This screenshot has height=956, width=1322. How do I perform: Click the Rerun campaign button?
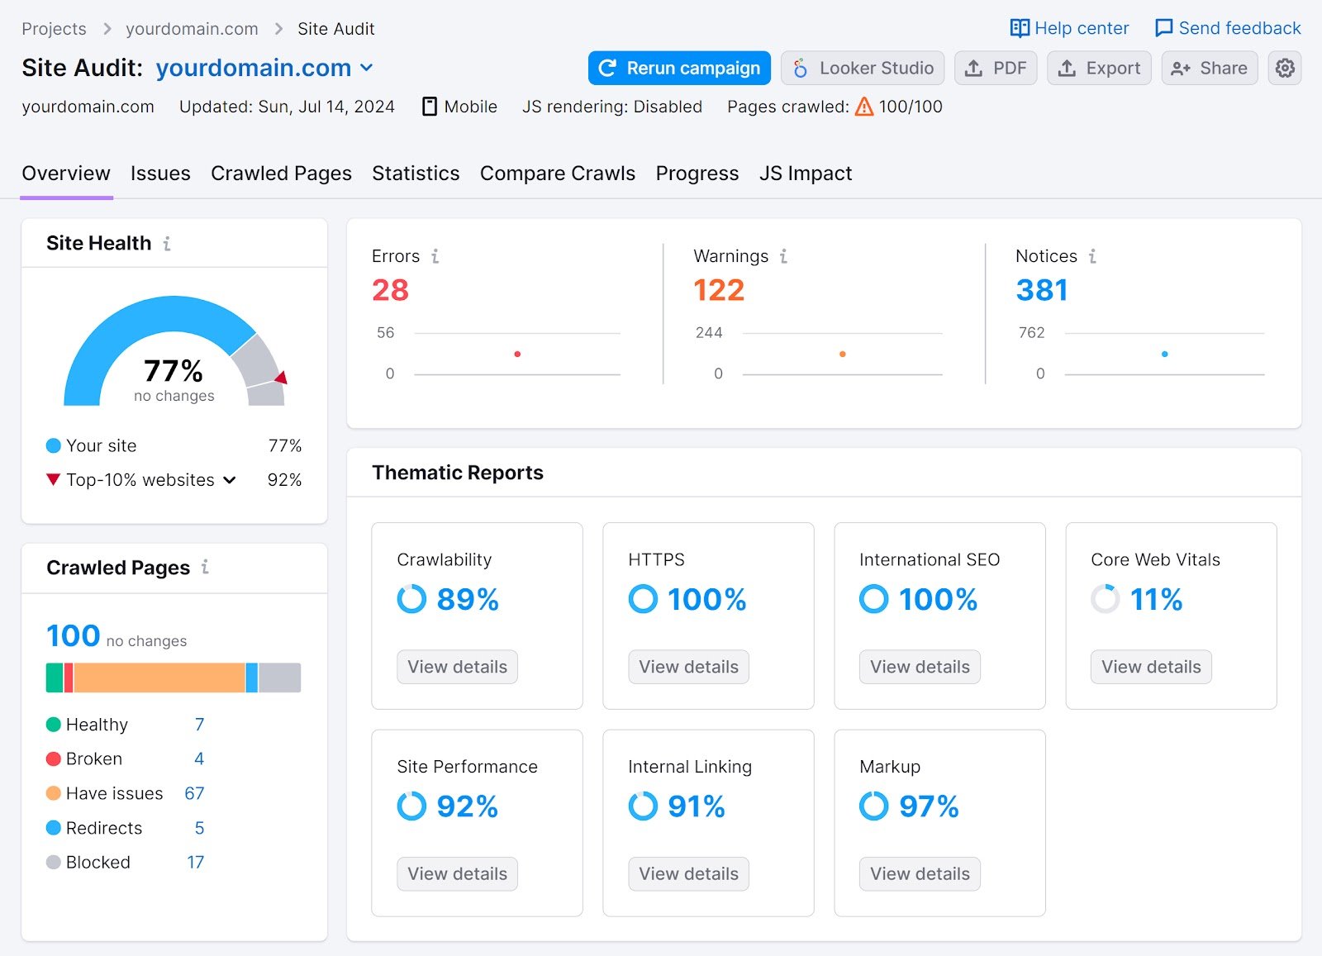click(x=679, y=68)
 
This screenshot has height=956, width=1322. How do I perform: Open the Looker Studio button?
click(x=863, y=68)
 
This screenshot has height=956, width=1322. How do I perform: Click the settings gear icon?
click(x=1285, y=68)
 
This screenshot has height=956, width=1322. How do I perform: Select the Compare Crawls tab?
click(x=557, y=174)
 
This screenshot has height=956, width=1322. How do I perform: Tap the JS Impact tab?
click(x=805, y=174)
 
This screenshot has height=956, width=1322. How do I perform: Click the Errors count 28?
click(x=390, y=290)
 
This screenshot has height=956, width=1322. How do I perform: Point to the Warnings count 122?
click(x=719, y=290)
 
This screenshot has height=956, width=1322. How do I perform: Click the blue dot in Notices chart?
click(x=1164, y=354)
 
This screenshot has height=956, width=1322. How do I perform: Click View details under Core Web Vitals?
click(x=1151, y=667)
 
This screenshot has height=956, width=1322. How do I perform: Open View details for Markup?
click(x=920, y=874)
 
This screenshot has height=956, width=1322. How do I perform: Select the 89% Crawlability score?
click(x=467, y=600)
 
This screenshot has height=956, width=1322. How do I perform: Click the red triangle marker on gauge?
click(x=282, y=378)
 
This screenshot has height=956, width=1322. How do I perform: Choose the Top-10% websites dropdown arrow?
click(x=230, y=480)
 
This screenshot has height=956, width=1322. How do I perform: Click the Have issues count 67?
click(x=194, y=794)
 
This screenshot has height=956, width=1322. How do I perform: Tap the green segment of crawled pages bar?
click(x=55, y=678)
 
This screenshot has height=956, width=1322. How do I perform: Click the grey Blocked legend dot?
click(x=54, y=863)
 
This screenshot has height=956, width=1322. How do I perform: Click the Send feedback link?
click(x=1228, y=28)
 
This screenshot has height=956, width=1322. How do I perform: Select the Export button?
click(x=1099, y=68)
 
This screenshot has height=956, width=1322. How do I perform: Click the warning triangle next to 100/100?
click(x=864, y=107)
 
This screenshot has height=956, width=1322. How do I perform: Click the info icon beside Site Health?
click(x=167, y=244)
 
